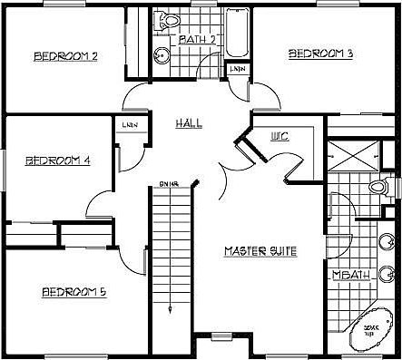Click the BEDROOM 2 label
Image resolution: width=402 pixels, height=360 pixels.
click(x=65, y=56)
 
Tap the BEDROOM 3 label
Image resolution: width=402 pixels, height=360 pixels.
click(x=320, y=54)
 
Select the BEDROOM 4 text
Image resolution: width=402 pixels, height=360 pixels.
click(x=57, y=161)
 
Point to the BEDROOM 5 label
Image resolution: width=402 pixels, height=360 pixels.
click(x=74, y=292)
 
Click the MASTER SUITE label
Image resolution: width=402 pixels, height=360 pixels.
click(x=261, y=250)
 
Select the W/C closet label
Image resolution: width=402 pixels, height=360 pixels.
click(x=279, y=138)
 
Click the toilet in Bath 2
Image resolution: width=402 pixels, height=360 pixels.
click(x=168, y=20)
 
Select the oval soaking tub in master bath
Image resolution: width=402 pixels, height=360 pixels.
click(x=372, y=330)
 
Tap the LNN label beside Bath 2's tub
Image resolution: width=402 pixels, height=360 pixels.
click(x=237, y=69)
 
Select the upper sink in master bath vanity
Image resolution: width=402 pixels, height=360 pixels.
click(x=387, y=239)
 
